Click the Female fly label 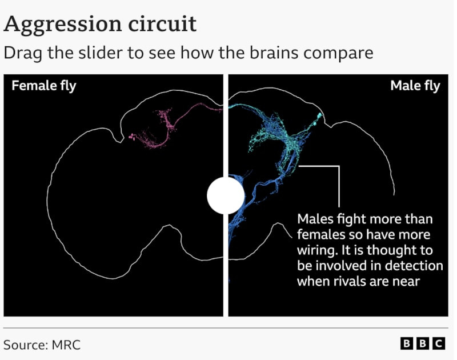pos(44,86)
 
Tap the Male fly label pos(415,86)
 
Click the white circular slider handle pos(226,195)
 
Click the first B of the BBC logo pos(406,343)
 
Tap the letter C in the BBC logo pos(439,343)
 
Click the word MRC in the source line pos(66,345)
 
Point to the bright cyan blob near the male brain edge pos(319,117)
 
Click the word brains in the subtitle pos(274,53)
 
